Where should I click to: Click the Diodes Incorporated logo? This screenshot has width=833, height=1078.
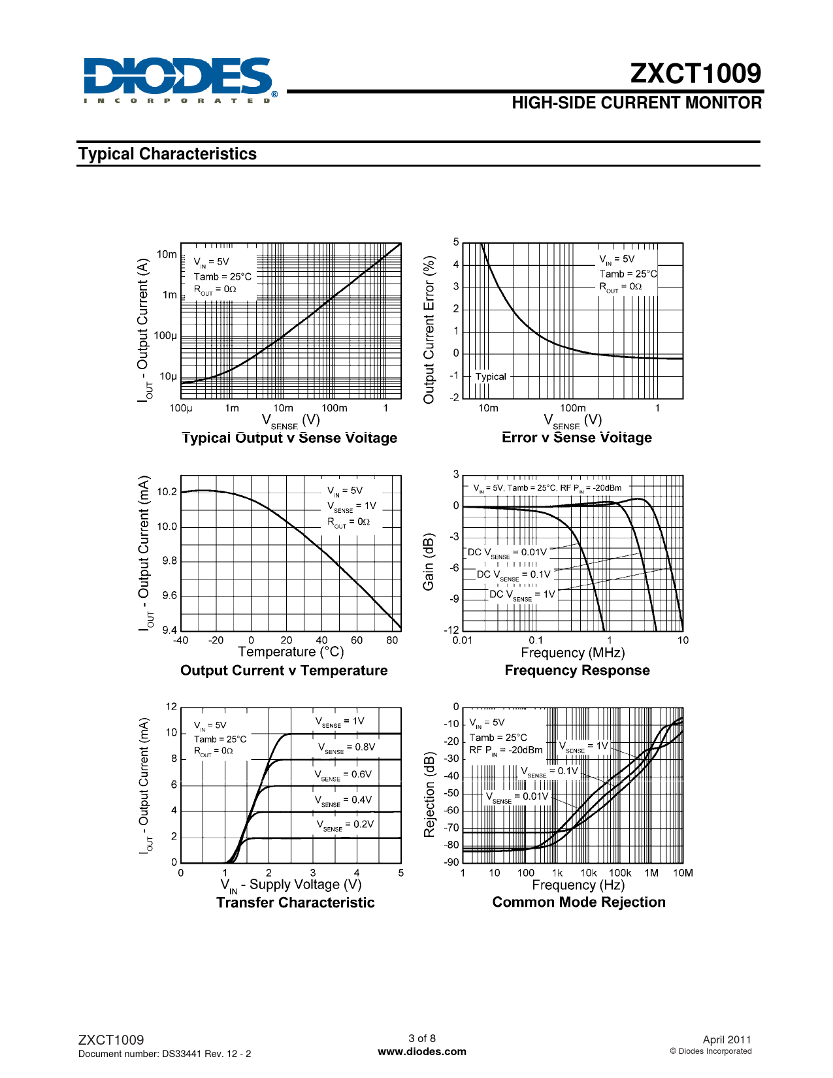click(x=178, y=80)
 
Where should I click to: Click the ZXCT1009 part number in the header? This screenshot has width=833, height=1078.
click(x=695, y=74)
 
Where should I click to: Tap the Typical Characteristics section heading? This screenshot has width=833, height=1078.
click(x=167, y=154)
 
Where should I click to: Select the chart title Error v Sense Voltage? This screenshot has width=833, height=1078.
click(x=576, y=438)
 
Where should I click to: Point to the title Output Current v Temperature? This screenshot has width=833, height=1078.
click(x=284, y=670)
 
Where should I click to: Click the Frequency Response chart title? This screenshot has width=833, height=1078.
click(x=577, y=670)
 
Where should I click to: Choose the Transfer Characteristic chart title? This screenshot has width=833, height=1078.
click(x=295, y=902)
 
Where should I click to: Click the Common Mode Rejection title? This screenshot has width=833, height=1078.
click(x=579, y=902)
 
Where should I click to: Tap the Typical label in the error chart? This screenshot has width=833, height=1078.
click(x=491, y=376)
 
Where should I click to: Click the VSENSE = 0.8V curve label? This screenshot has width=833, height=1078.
click(x=346, y=747)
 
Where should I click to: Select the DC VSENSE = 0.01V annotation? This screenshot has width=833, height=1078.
click(x=507, y=553)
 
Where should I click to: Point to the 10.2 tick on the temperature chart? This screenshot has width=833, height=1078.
click(x=167, y=492)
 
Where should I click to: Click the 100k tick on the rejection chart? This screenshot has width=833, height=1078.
click(x=620, y=873)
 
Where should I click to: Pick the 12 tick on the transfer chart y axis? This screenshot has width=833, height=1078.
click(x=171, y=707)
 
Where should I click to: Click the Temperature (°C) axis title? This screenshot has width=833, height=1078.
click(x=291, y=652)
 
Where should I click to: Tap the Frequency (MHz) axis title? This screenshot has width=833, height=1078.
click(x=572, y=653)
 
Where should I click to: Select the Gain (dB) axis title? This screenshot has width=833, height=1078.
click(x=429, y=562)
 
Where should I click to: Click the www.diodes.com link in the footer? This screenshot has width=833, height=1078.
click(x=422, y=1052)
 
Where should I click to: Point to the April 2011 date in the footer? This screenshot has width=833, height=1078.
click(x=727, y=1040)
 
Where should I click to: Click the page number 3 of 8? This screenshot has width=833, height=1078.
click(x=422, y=1038)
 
